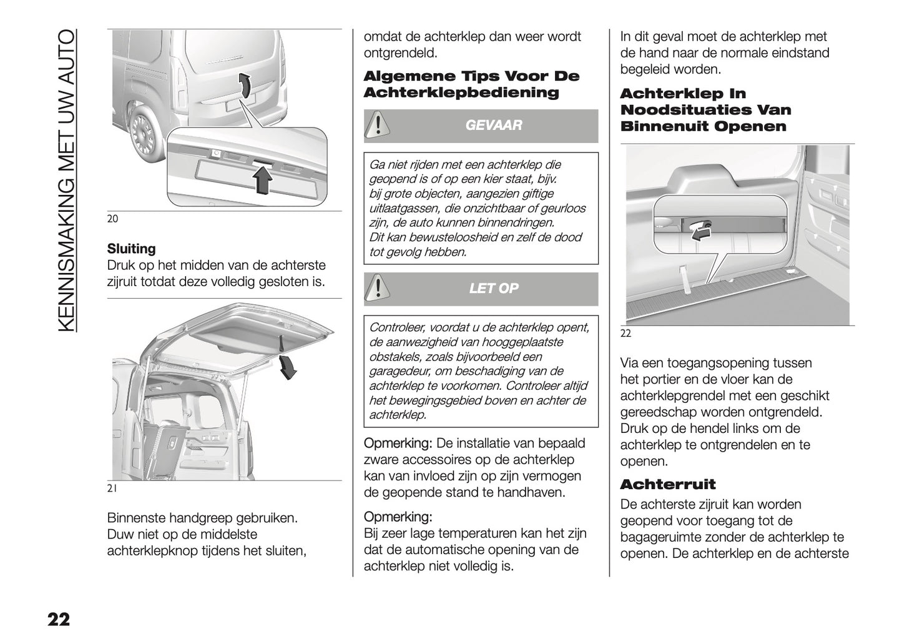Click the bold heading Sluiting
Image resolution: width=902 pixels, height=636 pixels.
(131, 249)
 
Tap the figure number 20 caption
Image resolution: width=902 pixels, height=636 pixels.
(112, 219)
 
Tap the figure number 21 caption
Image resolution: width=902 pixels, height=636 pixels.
(112, 489)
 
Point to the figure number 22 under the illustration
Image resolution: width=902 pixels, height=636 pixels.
(625, 334)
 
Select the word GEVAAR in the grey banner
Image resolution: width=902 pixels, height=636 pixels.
(493, 126)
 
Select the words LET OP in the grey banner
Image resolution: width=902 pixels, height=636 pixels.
(493, 289)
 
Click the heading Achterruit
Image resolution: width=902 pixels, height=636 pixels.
(667, 484)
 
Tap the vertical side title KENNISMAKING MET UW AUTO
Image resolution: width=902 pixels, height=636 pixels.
(66, 181)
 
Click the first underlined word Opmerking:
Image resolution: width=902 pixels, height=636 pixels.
(398, 444)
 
